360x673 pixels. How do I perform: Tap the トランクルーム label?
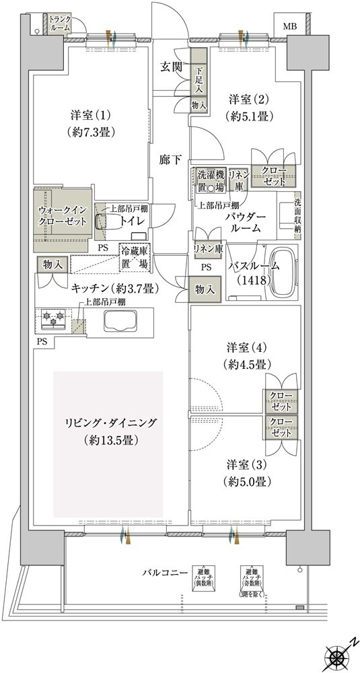60,24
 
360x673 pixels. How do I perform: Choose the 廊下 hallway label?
169,160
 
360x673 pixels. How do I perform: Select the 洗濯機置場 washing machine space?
210,180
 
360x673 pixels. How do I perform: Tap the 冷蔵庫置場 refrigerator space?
135,258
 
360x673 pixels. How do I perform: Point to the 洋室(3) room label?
248,465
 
